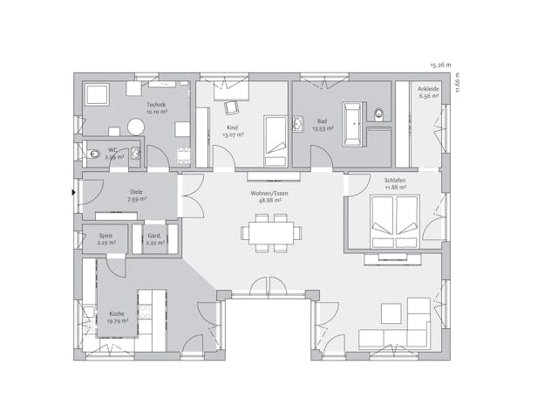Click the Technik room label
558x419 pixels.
(x=156, y=105)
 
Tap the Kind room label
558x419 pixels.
(x=231, y=127)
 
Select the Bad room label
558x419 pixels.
(x=323, y=121)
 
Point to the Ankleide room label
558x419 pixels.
(x=428, y=88)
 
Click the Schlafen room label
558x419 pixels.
(x=395, y=181)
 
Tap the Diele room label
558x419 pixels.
(x=137, y=192)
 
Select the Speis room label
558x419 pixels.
(x=105, y=235)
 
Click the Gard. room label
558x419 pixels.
(x=153, y=235)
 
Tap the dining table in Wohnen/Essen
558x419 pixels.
(x=271, y=232)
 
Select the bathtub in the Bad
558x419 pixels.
(x=353, y=124)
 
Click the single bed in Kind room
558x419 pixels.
(x=275, y=141)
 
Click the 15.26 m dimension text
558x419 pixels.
(x=441, y=65)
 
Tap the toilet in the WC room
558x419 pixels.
(x=95, y=155)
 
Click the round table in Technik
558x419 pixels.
(x=135, y=127)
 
